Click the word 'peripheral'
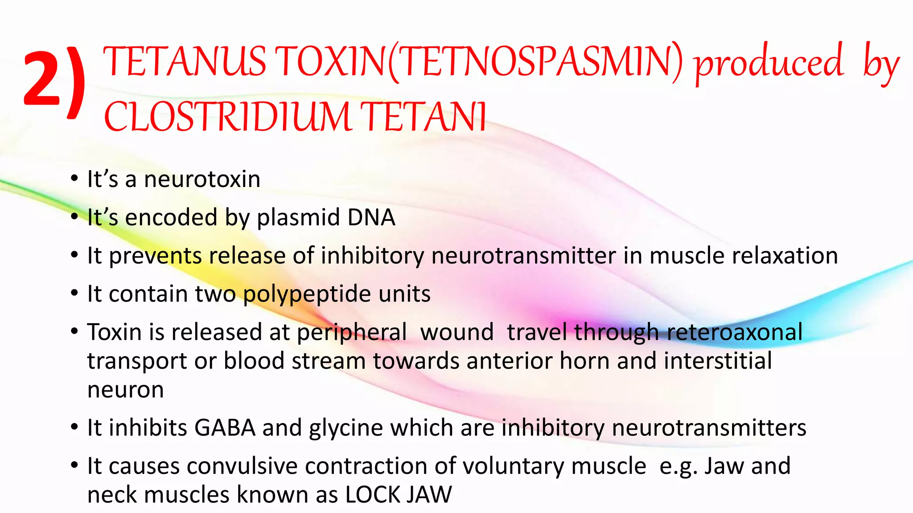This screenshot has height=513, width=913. click(352, 333)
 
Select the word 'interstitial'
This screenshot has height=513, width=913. click(718, 361)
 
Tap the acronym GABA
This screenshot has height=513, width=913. click(225, 428)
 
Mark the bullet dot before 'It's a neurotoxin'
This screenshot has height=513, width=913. click(74, 179)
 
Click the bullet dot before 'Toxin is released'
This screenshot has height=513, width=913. click(74, 332)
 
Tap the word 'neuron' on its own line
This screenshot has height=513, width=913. click(126, 390)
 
